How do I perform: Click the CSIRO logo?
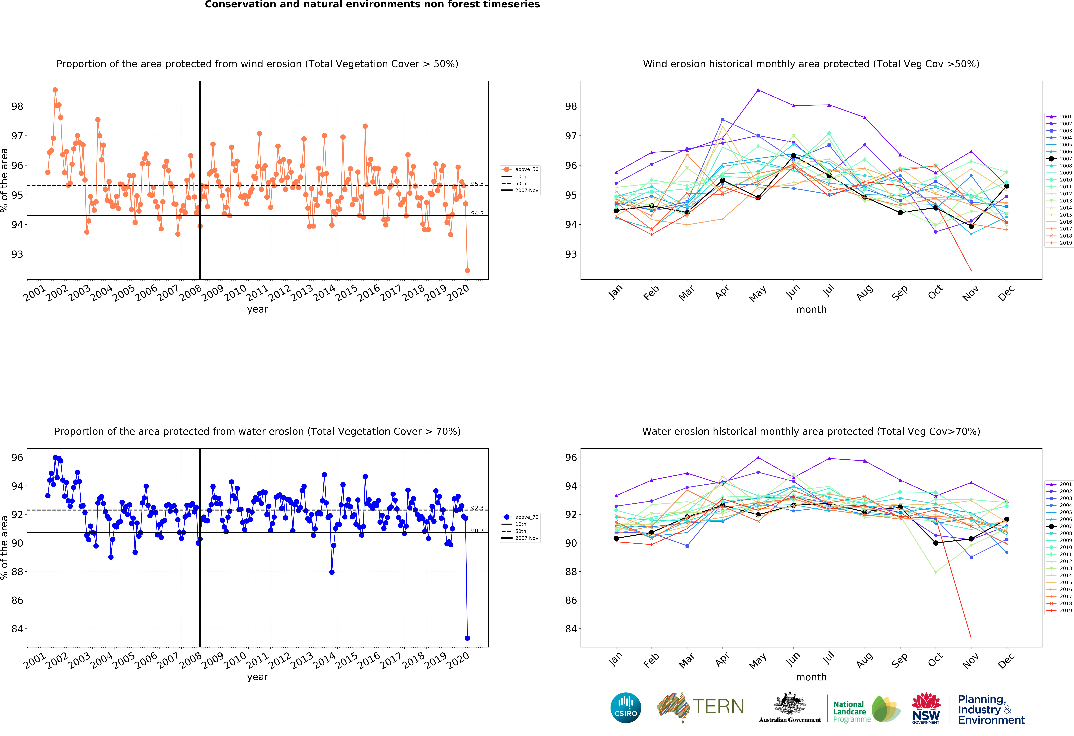[626, 707]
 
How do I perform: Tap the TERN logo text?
[718, 706]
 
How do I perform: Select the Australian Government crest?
[790, 703]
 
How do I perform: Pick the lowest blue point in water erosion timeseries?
[467, 638]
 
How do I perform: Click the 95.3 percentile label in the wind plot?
[477, 184]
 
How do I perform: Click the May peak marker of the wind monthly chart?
[758, 90]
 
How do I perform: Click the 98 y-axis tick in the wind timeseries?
[17, 106]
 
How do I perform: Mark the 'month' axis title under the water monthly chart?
[811, 677]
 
